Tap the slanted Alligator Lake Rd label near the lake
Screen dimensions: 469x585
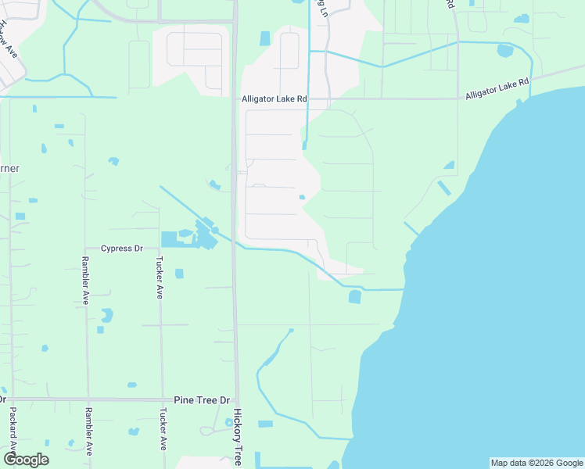tap(497, 88)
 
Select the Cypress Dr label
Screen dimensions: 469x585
tap(122, 249)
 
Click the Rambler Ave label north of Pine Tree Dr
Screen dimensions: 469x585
tap(86, 281)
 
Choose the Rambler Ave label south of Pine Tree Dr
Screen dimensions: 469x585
tap(89, 431)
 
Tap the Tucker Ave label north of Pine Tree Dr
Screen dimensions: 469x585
tap(160, 277)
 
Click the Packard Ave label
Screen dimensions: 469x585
tap(13, 431)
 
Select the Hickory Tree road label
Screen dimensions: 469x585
tap(237, 438)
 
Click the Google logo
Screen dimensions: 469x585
tap(26, 460)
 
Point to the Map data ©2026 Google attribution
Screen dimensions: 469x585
tap(536, 463)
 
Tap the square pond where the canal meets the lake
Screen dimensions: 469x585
tap(354, 297)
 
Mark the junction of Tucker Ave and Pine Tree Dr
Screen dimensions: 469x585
tap(162, 399)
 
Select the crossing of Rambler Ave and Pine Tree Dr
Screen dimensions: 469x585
tap(87, 399)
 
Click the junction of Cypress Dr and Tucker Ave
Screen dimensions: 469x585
tap(160, 249)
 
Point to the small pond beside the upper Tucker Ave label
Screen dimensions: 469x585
tap(179, 274)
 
